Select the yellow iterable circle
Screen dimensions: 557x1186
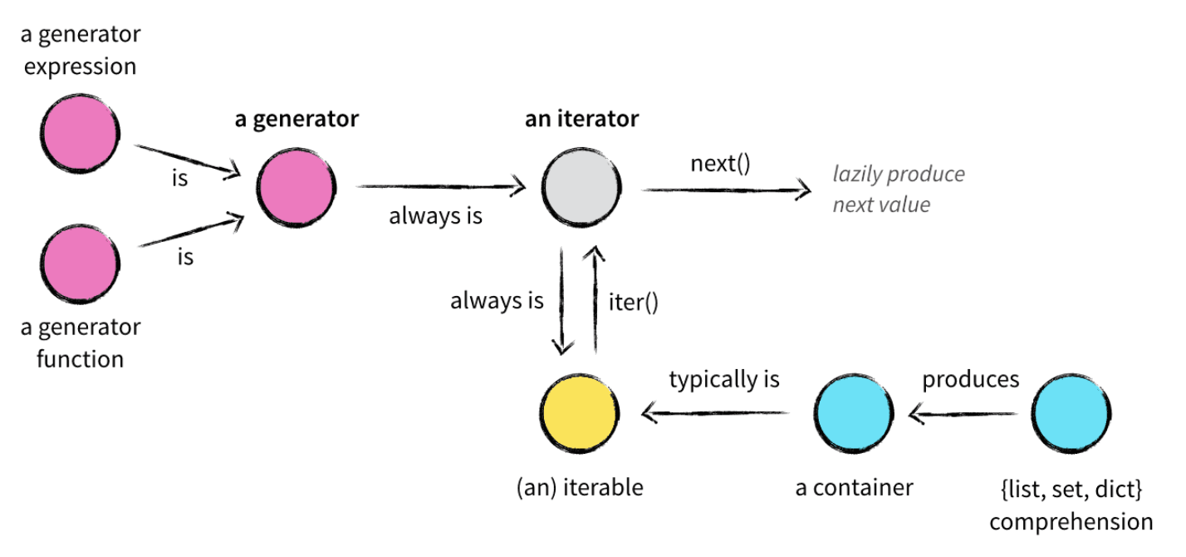point(579,414)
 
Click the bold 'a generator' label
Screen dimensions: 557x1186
point(296,119)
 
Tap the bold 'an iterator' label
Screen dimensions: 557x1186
point(581,119)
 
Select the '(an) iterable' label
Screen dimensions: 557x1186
point(579,487)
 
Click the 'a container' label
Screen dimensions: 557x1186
point(854,487)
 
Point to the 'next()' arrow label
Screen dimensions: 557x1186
point(720,163)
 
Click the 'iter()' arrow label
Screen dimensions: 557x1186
point(633,302)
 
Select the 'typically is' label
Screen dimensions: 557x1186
point(724,380)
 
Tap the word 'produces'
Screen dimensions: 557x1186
point(970,379)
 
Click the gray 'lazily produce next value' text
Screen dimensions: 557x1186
point(899,189)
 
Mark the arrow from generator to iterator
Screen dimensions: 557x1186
point(440,188)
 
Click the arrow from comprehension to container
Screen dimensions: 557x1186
point(963,412)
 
